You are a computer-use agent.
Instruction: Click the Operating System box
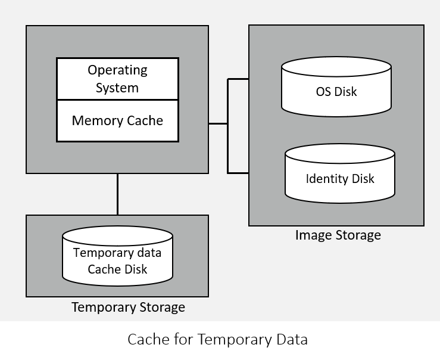tap(117, 79)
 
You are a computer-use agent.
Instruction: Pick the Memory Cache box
tap(117, 121)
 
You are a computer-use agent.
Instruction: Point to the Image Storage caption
tap(338, 235)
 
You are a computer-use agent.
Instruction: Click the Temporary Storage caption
tap(128, 308)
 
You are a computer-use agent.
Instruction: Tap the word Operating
tap(117, 70)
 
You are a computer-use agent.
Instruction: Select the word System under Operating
tap(117, 88)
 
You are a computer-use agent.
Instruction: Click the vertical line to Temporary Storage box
tap(117, 194)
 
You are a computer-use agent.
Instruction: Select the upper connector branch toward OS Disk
tap(238, 79)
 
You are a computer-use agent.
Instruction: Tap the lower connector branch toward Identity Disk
tap(238, 173)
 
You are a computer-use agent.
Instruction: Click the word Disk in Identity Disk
tap(363, 179)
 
